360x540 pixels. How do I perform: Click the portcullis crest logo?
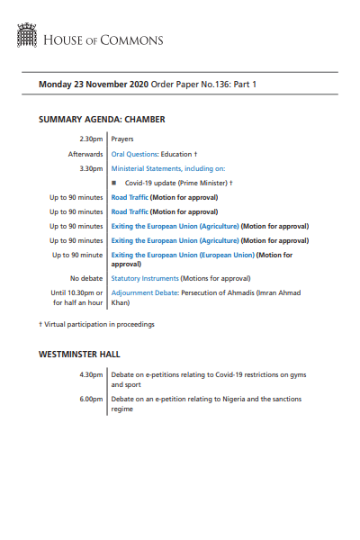[x=27, y=36]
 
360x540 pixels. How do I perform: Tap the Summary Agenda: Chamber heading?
[x=102, y=119]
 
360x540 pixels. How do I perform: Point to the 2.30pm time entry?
[x=91, y=139]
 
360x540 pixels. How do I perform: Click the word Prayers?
[x=123, y=139]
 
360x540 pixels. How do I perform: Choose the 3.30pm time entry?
[x=91, y=168]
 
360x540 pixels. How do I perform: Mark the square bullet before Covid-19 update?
[x=114, y=183]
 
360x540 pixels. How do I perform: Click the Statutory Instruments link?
[x=145, y=278]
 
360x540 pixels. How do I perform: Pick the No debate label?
[x=85, y=278]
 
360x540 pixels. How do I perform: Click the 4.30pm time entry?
[x=91, y=373]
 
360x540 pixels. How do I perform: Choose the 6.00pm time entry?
[x=91, y=399]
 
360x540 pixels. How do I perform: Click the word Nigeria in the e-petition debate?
[x=237, y=399]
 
